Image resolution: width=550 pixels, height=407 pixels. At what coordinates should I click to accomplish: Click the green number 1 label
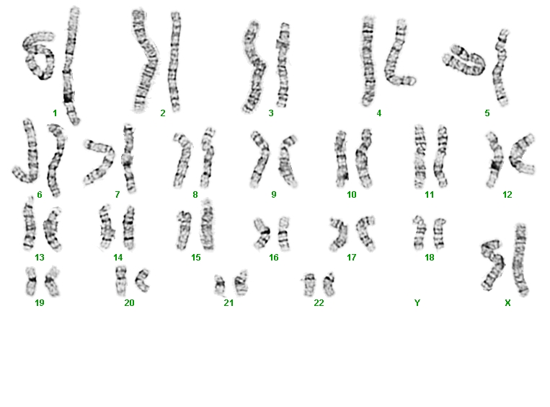click(55, 113)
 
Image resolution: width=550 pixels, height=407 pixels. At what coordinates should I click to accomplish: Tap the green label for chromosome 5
click(487, 113)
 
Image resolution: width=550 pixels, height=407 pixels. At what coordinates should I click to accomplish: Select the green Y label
click(417, 302)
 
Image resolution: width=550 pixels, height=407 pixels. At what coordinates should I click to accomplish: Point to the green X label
click(507, 302)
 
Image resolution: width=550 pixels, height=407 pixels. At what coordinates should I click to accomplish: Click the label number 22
click(319, 302)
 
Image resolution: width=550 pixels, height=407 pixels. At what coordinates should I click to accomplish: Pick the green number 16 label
click(274, 258)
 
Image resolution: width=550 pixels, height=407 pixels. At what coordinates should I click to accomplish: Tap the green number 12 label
click(507, 195)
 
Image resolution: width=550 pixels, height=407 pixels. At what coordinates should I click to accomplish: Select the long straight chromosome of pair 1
click(71, 65)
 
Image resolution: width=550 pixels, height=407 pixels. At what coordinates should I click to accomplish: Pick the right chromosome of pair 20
click(143, 280)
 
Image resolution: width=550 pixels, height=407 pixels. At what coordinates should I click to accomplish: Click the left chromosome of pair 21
click(220, 285)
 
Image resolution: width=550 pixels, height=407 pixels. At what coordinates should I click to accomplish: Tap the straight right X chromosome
click(520, 260)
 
